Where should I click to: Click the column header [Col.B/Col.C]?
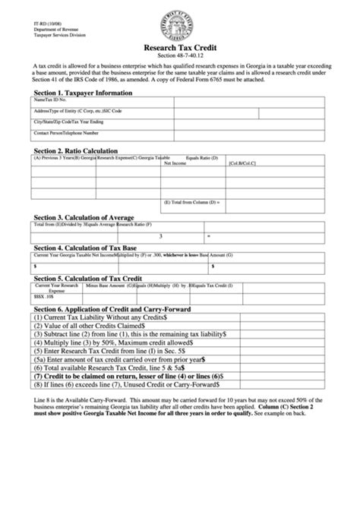[242, 163]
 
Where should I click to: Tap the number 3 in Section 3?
[160, 235]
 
